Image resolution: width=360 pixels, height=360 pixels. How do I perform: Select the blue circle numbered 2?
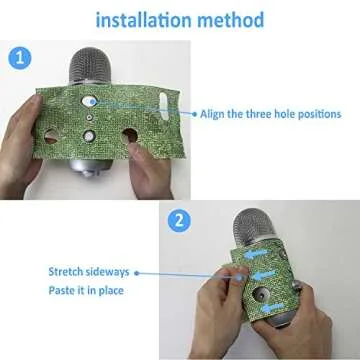[177, 222]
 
